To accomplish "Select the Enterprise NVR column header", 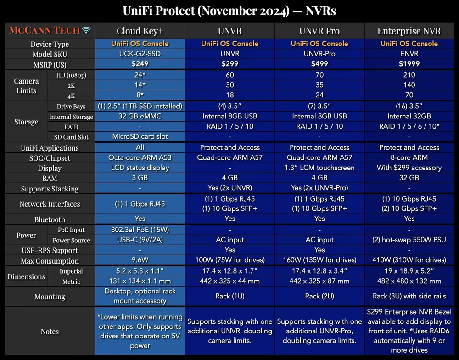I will [409, 31].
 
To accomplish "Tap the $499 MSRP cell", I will [319, 63].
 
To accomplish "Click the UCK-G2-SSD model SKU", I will [140, 54].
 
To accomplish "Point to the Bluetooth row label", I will [50, 219].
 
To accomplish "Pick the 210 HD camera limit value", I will [409, 75].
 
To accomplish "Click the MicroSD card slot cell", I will [140, 136].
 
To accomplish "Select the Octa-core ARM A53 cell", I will [140, 158].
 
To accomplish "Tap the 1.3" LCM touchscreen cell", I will [319, 168].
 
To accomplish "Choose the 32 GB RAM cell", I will [409, 178].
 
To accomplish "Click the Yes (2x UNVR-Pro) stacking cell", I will [319, 188].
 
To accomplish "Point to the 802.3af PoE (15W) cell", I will [140, 230].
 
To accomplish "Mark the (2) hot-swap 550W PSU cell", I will [409, 240].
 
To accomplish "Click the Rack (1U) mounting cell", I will [229, 296].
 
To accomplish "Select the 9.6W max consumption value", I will [140, 261].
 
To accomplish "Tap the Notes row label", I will [50, 332].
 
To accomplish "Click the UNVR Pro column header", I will [319, 31].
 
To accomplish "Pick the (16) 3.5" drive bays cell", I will [409, 106].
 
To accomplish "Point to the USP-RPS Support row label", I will [50, 250].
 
